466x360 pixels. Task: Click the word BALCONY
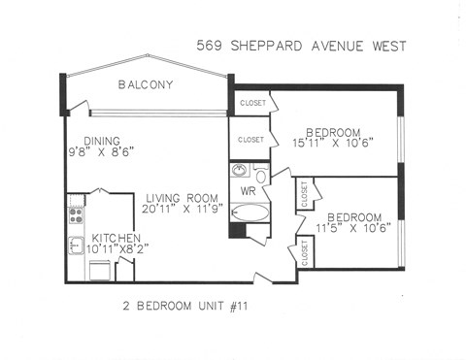coord(146,85)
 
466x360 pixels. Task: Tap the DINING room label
coord(101,140)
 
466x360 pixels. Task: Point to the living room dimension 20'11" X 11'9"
coord(170,209)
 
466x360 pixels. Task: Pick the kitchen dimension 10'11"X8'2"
coord(117,250)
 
